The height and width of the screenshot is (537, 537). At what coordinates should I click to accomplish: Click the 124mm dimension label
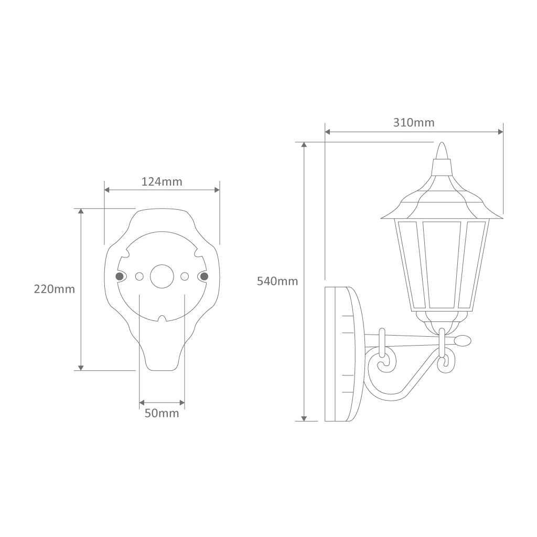click(x=162, y=181)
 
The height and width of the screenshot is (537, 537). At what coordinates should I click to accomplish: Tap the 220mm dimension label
click(x=54, y=289)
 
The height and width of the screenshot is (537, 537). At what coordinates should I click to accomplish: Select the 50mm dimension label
click(x=162, y=413)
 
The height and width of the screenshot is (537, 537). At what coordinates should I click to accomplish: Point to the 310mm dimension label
click(x=414, y=122)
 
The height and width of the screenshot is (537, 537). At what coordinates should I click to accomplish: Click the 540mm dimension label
click(x=277, y=281)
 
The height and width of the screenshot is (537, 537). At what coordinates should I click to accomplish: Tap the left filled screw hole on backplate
click(x=120, y=276)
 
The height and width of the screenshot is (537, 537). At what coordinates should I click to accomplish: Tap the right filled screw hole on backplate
click(x=204, y=276)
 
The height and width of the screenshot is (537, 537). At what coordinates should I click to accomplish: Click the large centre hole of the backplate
click(x=162, y=276)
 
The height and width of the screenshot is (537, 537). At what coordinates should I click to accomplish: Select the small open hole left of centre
click(x=139, y=276)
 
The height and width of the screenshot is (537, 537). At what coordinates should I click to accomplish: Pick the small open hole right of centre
click(x=185, y=276)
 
